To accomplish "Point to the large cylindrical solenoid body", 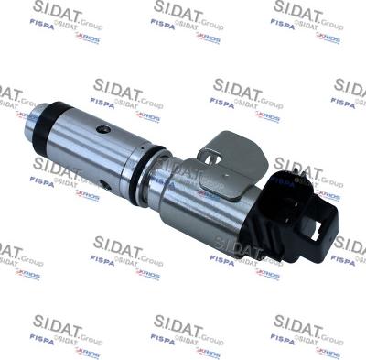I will pyautogui.click(x=197, y=197).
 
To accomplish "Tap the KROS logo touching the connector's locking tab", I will pyautogui.click(x=328, y=196).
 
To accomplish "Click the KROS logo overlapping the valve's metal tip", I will pyautogui.click(x=27, y=116).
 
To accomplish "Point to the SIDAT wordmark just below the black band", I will pyautogui.click(x=58, y=169).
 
